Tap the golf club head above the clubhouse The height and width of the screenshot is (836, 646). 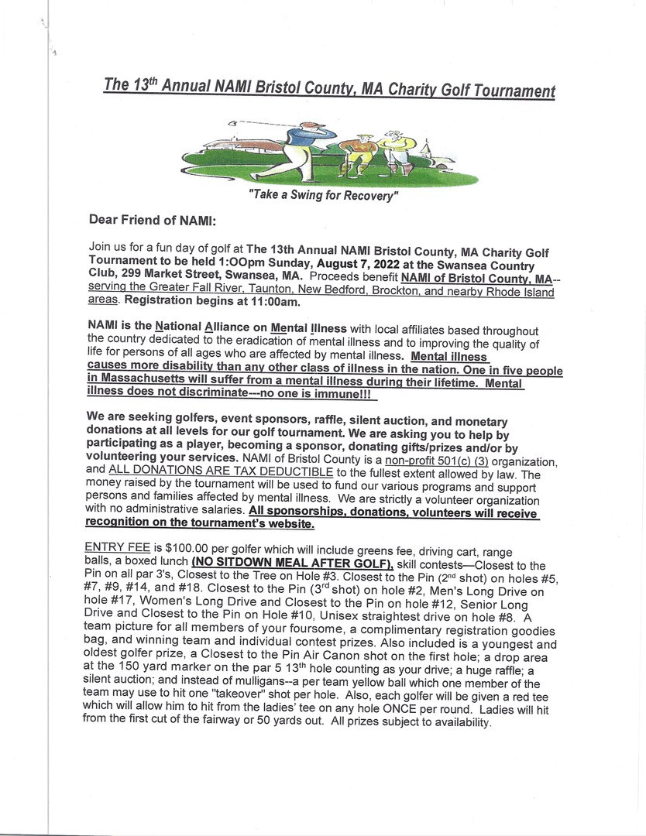pos(232,123)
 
